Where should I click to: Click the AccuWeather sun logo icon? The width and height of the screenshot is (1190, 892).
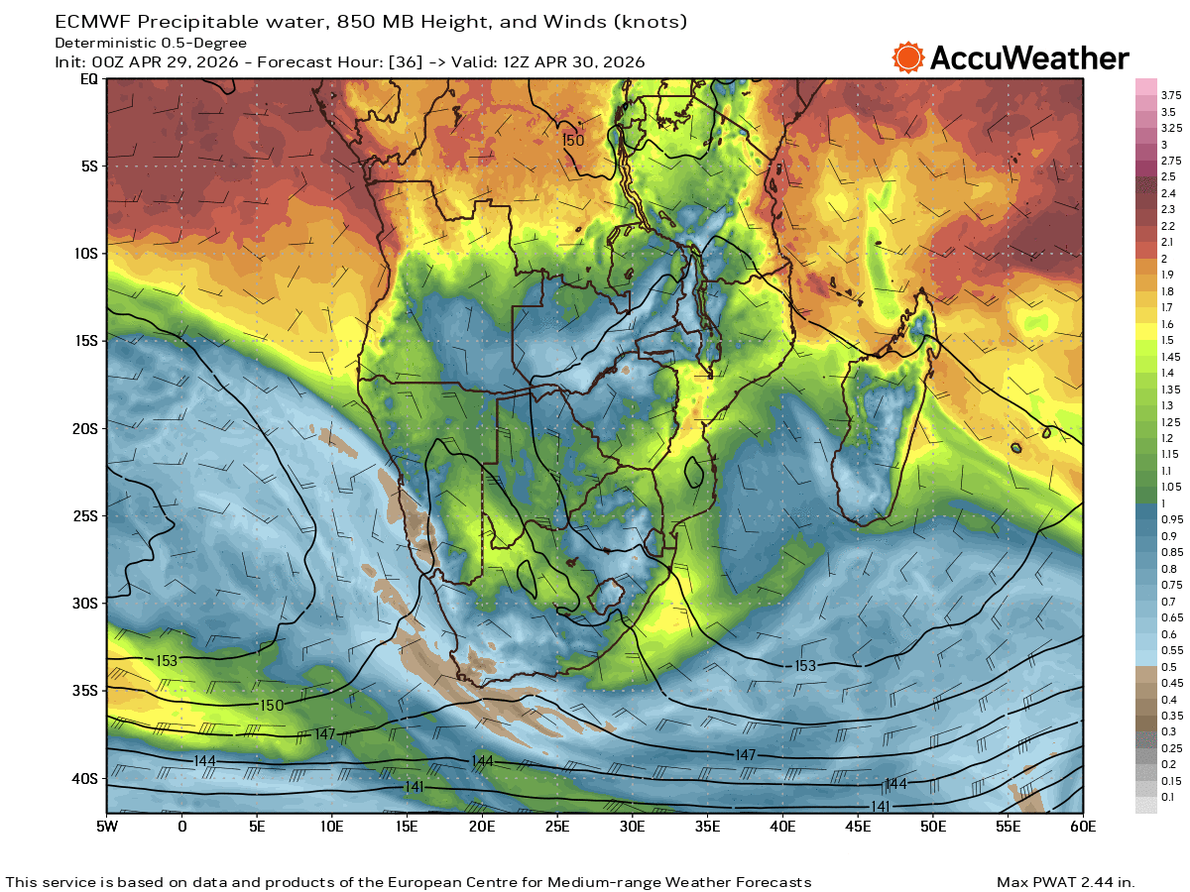[907, 57]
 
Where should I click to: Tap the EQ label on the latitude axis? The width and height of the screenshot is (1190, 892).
[89, 79]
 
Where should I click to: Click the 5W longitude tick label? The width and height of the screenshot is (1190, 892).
[107, 826]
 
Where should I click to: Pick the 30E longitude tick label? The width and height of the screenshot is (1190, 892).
[633, 826]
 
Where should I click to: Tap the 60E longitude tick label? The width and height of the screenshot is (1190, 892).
[1083, 826]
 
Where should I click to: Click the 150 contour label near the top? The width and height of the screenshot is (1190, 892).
[573, 141]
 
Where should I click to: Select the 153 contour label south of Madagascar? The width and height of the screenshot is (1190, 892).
[804, 666]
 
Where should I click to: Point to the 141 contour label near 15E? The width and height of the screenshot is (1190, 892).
[416, 786]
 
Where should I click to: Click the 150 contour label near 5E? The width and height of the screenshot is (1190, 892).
[271, 705]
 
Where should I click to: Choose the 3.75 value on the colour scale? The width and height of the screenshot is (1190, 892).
[1171, 95]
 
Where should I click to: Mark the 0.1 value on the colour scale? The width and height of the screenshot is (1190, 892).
[1168, 797]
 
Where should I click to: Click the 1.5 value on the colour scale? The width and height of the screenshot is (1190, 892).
[1167, 340]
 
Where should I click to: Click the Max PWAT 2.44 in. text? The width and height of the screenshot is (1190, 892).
[1065, 882]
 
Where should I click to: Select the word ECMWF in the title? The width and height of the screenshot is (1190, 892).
[90, 21]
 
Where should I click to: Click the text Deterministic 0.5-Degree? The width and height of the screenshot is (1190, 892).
[151, 43]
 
